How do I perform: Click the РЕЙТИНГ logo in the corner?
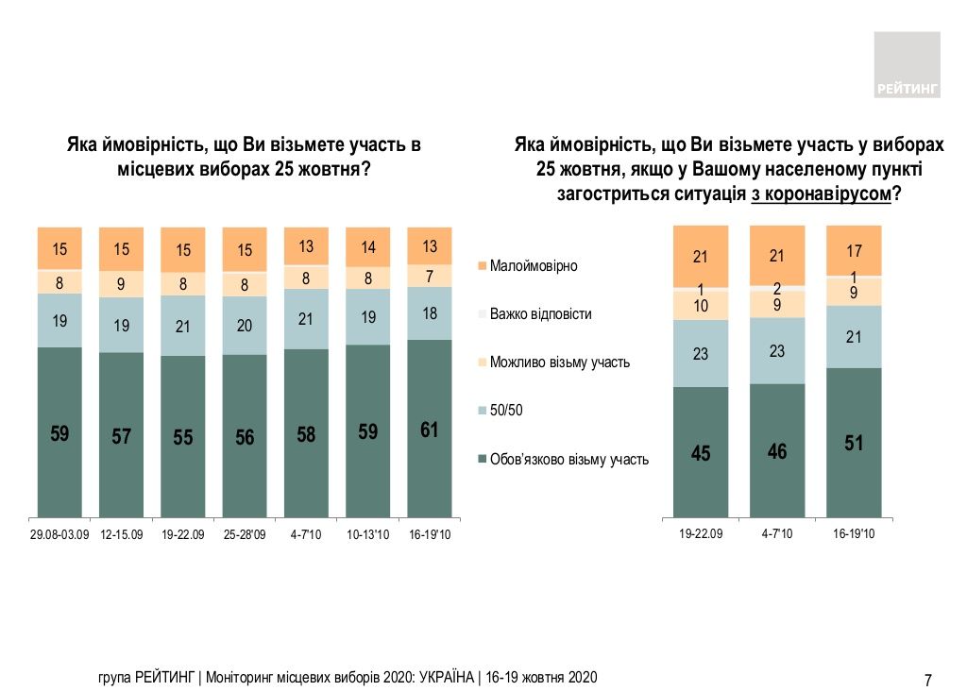point(907,64)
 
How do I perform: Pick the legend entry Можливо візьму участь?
point(560,362)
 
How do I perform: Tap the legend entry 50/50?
point(509,411)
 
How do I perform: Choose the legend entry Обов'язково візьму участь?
point(568,460)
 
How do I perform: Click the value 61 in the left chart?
point(430,430)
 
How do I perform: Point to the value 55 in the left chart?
point(183,437)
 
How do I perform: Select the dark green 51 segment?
point(853,443)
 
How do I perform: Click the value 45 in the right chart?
point(701,453)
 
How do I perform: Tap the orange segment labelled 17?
point(853,252)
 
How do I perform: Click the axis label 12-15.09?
point(122,535)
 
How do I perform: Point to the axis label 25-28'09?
point(245,535)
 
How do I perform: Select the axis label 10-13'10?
point(368,535)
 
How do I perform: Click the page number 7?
point(927,680)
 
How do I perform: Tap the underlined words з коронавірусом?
point(822,194)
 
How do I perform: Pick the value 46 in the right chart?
point(777,451)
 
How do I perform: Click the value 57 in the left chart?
point(122,435)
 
